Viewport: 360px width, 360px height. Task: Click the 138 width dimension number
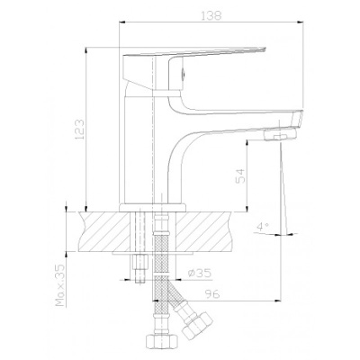(x=211, y=15)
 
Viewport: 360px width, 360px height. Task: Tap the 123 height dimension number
(x=80, y=130)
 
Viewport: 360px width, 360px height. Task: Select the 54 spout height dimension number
(x=240, y=175)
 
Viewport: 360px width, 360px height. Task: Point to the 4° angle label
(x=262, y=227)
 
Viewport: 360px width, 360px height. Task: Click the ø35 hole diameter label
(x=200, y=273)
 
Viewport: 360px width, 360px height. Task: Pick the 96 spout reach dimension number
(x=212, y=294)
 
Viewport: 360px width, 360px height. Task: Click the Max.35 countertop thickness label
(x=60, y=284)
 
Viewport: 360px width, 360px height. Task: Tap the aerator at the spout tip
(x=280, y=134)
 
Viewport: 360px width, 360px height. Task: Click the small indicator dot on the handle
(x=184, y=71)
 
